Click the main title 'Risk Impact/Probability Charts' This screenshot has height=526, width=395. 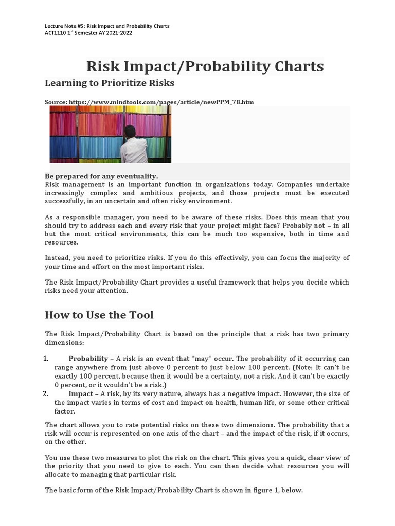pos(205,67)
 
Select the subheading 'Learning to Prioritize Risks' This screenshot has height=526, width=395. pos(110,83)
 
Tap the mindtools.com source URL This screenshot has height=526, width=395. pos(161,102)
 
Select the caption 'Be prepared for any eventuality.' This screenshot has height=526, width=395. pos(102,176)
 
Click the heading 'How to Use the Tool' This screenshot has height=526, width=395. pos(99,315)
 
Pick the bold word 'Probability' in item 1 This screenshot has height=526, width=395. pos(88,359)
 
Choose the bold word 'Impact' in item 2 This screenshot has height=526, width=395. pos(81,394)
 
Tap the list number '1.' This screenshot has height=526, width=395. pos(46,359)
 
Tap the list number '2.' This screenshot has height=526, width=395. pos(46,394)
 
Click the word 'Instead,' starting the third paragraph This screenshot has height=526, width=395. pos(58,258)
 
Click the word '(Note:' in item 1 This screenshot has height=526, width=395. pos(303,367)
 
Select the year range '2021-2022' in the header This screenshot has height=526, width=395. pos(119,33)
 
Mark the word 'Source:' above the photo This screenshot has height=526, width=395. pos(56,102)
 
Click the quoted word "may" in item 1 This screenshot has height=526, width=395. pos(200,359)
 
